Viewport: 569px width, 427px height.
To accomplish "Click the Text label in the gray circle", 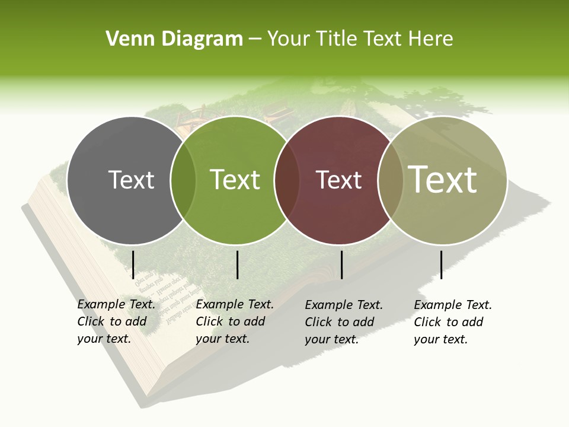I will (x=131, y=180).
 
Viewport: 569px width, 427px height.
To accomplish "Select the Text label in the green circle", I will (x=235, y=180).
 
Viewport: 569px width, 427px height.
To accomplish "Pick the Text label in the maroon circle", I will (x=339, y=180).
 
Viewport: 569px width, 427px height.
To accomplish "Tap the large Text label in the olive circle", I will (x=443, y=179).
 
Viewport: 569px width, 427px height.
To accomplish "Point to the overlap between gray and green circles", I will (x=183, y=180).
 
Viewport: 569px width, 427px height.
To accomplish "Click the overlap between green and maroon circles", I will (x=287, y=180).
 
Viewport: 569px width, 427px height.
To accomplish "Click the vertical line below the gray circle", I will (x=133, y=265).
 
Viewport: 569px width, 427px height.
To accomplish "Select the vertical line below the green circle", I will (x=237, y=265).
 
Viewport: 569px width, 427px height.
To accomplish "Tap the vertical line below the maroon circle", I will (x=341, y=265).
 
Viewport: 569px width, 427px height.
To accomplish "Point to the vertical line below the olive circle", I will (x=441, y=265).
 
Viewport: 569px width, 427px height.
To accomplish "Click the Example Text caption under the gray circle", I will (x=116, y=321).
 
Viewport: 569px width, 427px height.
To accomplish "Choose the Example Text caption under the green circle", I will (x=235, y=321).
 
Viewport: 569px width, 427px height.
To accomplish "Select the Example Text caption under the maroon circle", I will (x=344, y=322).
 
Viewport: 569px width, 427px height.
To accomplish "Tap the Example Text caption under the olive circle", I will (x=453, y=322).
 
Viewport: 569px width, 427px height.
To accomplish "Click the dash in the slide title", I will (x=255, y=40).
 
